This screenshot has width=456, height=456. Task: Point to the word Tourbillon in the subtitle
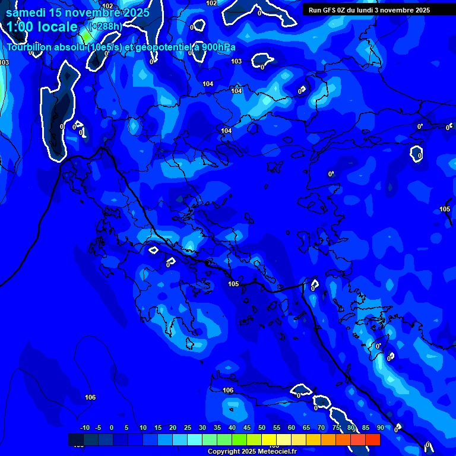(30, 47)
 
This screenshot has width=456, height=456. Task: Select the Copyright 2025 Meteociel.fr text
(251, 452)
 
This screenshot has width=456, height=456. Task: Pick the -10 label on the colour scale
(84, 428)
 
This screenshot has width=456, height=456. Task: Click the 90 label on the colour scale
(381, 428)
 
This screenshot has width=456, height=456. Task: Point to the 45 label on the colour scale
(247, 428)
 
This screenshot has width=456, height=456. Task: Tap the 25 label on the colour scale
(188, 428)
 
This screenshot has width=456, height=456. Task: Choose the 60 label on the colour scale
(292, 428)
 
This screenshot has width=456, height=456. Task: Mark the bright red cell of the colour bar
(372, 439)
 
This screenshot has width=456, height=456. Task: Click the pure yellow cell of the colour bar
(269, 439)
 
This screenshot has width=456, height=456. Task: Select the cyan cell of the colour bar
(195, 439)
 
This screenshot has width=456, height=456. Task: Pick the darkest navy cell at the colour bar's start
(76, 439)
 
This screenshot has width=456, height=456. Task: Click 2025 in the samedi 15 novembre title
(135, 12)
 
